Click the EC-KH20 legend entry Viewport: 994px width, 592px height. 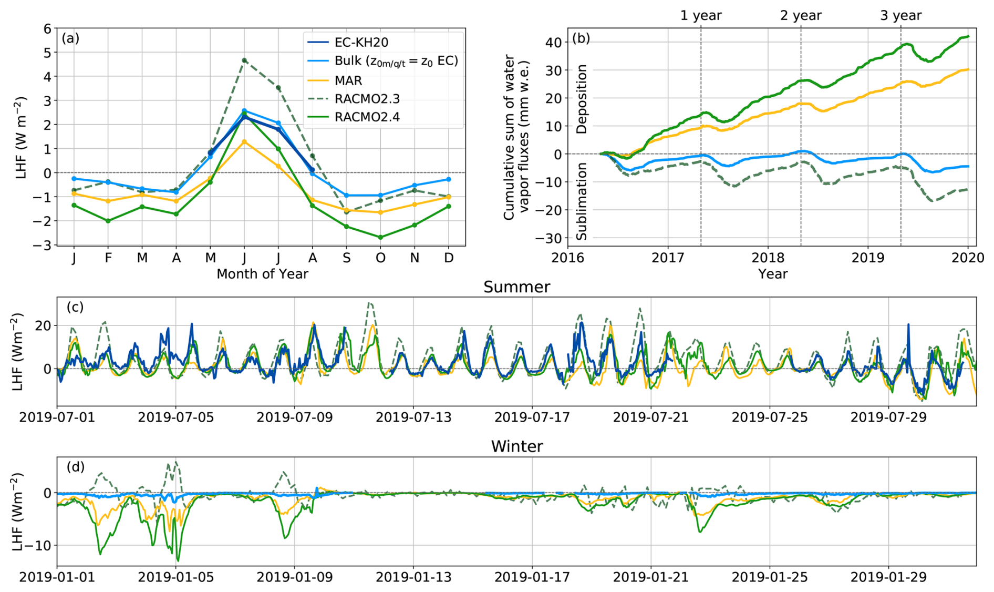point(361,42)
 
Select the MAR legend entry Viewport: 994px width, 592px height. point(348,80)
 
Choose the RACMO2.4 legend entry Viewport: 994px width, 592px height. point(367,117)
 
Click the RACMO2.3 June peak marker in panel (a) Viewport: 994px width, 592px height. point(244,60)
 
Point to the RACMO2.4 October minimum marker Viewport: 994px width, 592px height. point(380,238)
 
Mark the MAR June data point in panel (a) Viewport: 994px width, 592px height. point(244,142)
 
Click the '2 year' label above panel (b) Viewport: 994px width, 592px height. point(801,16)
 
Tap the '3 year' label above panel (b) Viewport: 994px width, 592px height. point(900,16)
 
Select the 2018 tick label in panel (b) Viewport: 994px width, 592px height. point(768,258)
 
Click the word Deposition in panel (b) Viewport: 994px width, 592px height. point(582,99)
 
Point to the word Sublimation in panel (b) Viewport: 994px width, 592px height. point(582,201)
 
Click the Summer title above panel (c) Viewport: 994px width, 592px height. point(516,287)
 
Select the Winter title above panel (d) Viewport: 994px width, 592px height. point(516,446)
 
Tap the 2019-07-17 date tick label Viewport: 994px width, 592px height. point(532,417)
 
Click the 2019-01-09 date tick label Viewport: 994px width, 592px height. point(295,577)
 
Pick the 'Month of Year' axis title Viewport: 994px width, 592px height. point(262,274)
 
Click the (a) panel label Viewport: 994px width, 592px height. point(70,38)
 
